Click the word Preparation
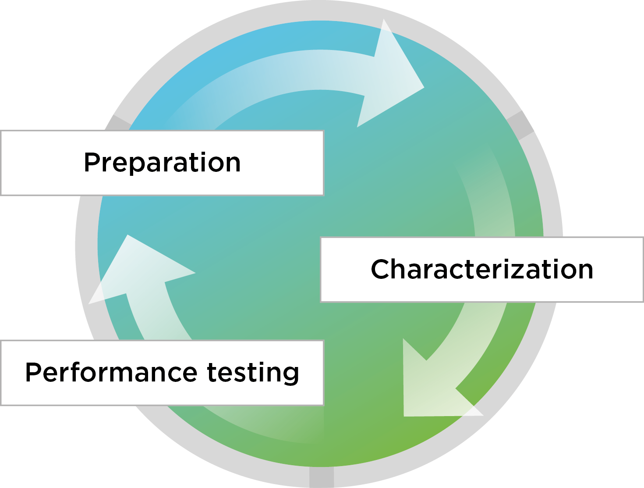[x=162, y=163]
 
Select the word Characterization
[x=482, y=269]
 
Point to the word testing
[x=253, y=373]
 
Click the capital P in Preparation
[x=92, y=163]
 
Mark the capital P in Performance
[x=34, y=372]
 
